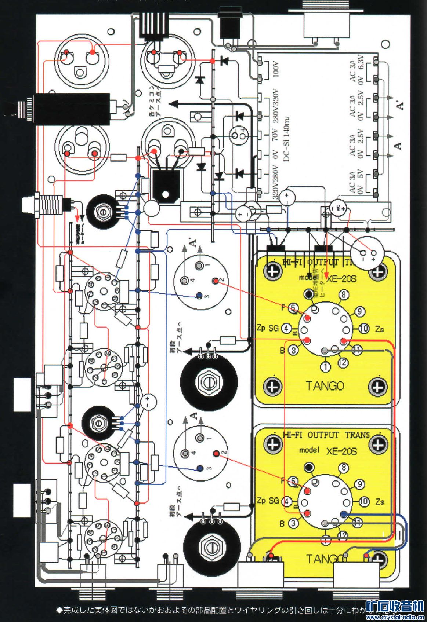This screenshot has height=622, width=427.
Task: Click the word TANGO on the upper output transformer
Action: tap(325, 385)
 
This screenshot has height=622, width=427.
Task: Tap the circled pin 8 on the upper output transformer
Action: tap(343, 294)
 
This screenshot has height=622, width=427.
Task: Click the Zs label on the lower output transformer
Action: tap(380, 501)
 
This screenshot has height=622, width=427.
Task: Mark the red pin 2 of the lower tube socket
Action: tap(217, 453)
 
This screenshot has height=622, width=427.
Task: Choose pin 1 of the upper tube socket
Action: tap(199, 265)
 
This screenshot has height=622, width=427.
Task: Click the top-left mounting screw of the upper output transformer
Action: tap(272, 272)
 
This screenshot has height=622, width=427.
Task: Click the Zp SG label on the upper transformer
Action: tap(268, 328)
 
